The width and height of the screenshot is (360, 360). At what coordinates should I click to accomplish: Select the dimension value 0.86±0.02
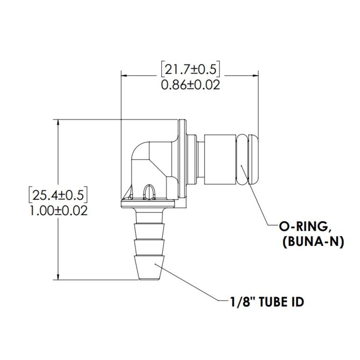[190, 85]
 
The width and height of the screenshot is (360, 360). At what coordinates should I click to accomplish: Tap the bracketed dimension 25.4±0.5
[58, 195]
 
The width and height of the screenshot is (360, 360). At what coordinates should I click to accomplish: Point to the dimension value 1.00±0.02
[58, 210]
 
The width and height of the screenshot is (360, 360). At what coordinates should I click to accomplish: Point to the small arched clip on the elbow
[148, 191]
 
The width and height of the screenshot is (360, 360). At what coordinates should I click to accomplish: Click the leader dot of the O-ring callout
[242, 166]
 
